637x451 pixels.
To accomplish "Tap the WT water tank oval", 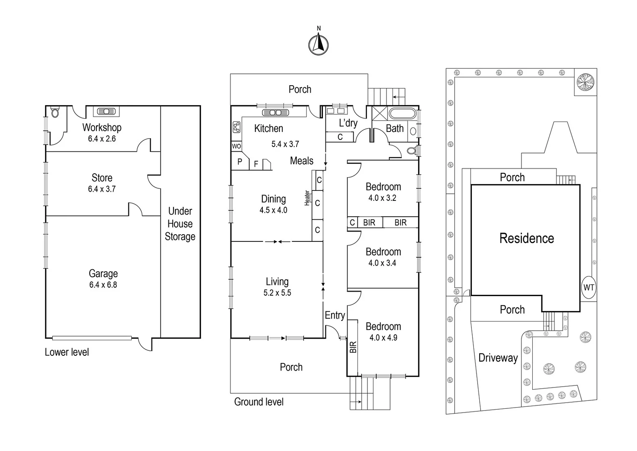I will (589, 287).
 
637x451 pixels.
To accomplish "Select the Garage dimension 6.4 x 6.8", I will (103, 285).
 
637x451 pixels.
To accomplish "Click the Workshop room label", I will (102, 127).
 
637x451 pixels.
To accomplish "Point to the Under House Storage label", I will (180, 224).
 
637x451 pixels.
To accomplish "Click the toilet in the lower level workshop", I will (55, 112).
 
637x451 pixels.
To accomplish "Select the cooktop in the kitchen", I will (236, 127).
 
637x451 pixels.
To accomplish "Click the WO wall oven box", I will (237, 147).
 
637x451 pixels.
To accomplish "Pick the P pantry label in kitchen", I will (240, 162).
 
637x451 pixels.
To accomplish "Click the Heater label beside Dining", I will (307, 198).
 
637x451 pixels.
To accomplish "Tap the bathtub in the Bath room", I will (402, 114).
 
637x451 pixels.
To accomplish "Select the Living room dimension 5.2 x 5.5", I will (277, 293).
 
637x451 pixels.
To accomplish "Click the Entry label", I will (335, 315).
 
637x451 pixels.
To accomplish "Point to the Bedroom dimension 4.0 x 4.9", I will (383, 337).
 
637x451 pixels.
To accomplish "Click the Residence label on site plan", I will (526, 238).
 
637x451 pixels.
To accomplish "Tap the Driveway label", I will (498, 358).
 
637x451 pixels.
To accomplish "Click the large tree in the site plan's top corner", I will (585, 82).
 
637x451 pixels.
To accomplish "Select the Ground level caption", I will (259, 402).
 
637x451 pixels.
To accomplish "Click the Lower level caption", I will (67, 352).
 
